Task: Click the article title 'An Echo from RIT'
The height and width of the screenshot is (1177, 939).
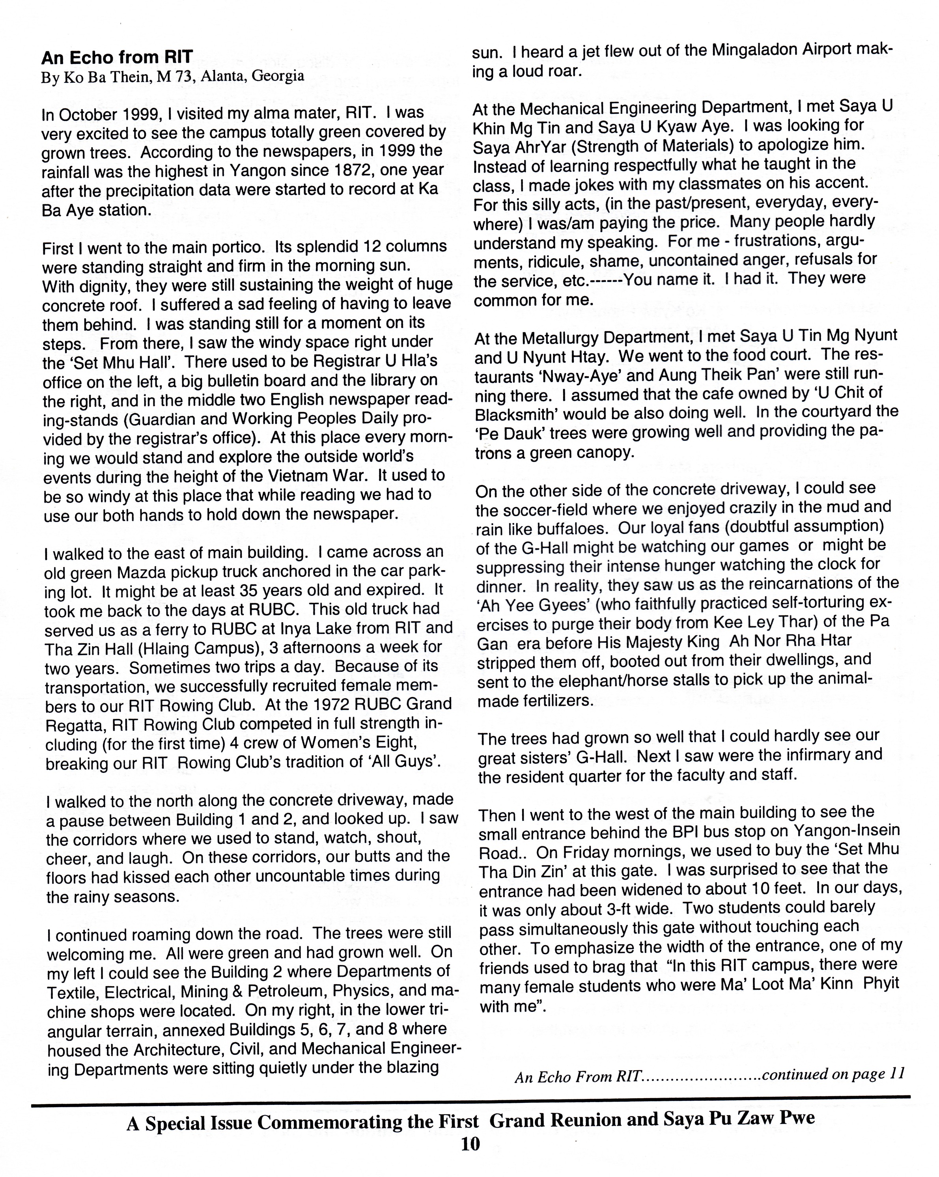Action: (x=117, y=57)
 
